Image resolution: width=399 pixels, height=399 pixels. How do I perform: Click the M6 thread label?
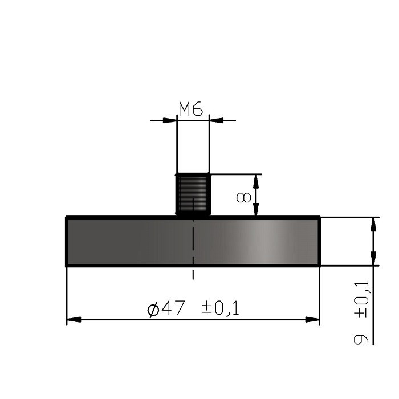click(x=191, y=109)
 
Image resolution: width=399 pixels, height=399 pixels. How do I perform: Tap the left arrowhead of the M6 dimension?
click(x=170, y=120)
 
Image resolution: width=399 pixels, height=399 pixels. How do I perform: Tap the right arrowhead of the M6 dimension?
click(x=216, y=120)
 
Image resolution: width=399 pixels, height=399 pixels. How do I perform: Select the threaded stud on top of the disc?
click(x=193, y=194)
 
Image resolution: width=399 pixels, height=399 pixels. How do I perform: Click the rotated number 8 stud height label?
click(x=243, y=197)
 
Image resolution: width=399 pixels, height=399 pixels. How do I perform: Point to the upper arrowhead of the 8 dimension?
click(x=256, y=179)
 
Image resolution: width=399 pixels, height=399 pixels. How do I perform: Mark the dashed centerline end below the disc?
click(x=193, y=278)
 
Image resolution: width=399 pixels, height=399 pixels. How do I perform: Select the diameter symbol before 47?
click(x=153, y=310)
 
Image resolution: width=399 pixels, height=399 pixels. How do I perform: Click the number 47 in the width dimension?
click(x=173, y=308)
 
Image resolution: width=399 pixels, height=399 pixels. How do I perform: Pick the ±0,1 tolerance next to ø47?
click(x=220, y=308)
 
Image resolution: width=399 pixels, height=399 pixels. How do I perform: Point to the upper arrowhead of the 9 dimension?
click(x=374, y=223)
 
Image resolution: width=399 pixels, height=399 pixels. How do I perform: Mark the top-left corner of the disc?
click(x=67, y=218)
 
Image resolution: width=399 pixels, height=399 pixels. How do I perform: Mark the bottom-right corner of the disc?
click(x=320, y=266)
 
